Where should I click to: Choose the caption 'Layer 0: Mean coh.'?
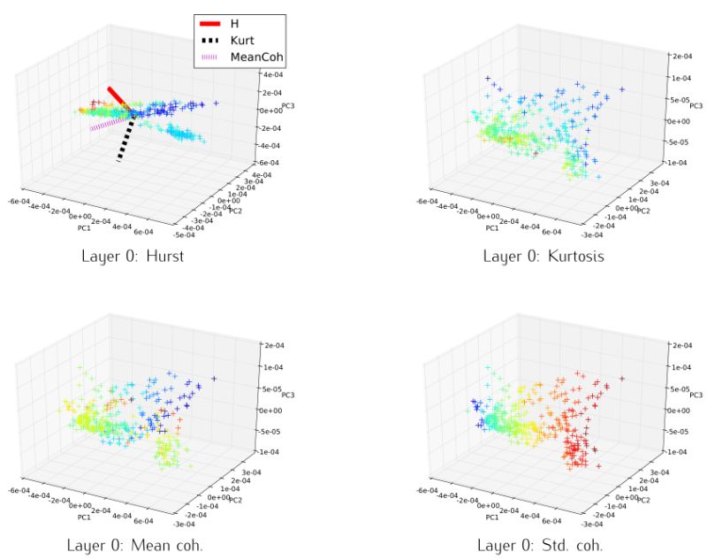(x=141, y=544)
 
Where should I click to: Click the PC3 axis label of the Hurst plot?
(x=288, y=106)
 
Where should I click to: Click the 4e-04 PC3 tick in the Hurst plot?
(x=270, y=92)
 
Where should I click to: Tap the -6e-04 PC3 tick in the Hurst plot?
(x=270, y=164)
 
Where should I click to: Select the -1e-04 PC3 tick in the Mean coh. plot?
(x=270, y=452)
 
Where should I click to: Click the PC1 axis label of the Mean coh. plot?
(x=85, y=517)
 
